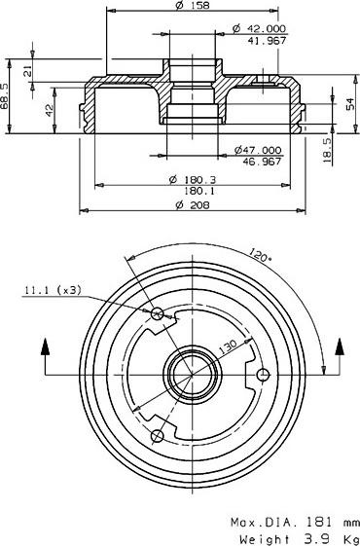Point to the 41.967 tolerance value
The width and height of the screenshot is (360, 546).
click(x=266, y=42)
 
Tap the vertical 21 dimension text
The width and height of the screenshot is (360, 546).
click(x=27, y=71)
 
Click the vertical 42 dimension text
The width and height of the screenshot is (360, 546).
click(x=50, y=110)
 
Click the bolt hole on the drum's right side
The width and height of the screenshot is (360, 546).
click(x=261, y=374)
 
